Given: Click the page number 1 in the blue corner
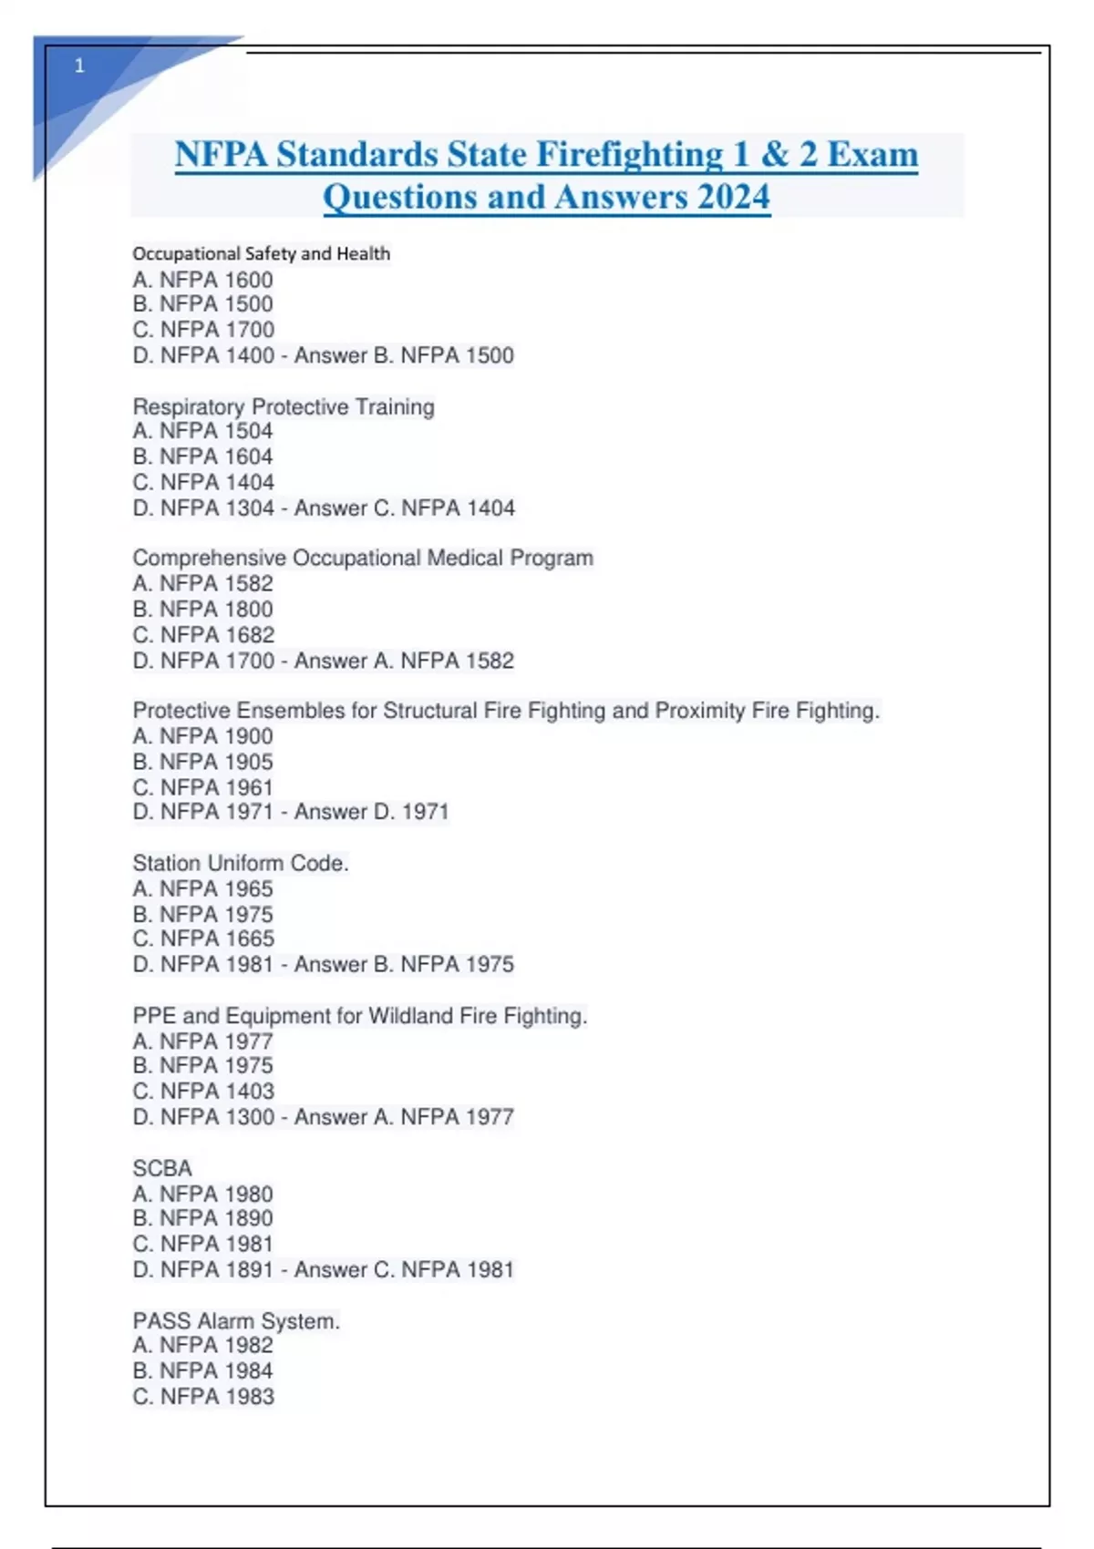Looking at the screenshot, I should (x=79, y=66).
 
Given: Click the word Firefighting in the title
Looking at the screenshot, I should (x=629, y=154).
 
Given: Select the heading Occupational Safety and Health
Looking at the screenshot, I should (x=261, y=253).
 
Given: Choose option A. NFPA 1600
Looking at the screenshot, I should (x=202, y=280).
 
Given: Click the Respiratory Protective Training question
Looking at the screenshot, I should (x=284, y=406).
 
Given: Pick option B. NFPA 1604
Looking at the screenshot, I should (x=202, y=456).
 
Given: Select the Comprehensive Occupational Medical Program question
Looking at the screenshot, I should (x=363, y=558).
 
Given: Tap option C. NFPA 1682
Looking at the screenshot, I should (x=202, y=634).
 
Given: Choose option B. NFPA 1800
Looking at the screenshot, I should (x=202, y=609).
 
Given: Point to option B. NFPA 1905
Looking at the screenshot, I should (x=202, y=762).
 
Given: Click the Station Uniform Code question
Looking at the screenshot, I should (x=241, y=863).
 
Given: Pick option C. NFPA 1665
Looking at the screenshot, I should (x=202, y=939).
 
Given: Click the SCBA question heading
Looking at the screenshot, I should (x=162, y=1168).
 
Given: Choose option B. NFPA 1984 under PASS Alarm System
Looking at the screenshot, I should (x=202, y=1370).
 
